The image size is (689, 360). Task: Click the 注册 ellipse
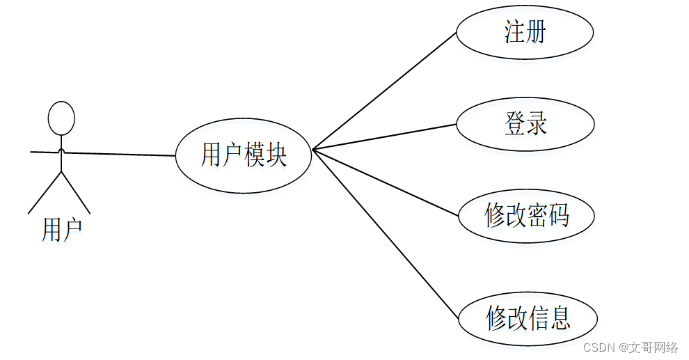click(525, 32)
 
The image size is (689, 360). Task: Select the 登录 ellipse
click(525, 124)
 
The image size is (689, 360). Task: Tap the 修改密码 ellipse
click(526, 216)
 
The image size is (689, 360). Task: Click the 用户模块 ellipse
click(243, 155)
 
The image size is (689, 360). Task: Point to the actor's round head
click(61, 118)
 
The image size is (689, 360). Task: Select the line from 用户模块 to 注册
click(384, 91)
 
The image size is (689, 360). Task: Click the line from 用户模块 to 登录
click(384, 137)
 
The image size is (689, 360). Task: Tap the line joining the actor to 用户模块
click(118, 154)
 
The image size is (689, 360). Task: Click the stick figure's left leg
click(45, 193)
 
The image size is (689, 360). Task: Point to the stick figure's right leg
click(77, 193)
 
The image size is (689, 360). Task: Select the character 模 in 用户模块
click(254, 155)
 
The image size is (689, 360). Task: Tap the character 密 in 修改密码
click(537, 216)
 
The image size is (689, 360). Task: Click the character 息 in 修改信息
click(560, 319)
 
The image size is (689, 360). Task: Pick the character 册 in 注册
click(536, 32)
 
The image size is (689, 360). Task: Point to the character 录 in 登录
click(537, 124)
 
